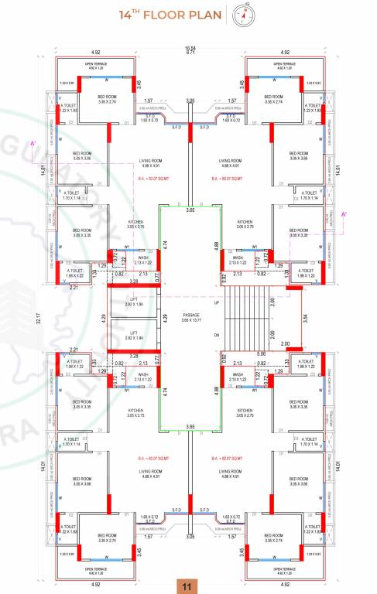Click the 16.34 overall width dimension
coord(190,48)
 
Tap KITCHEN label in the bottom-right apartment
coord(245,412)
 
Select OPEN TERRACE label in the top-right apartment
coord(288,66)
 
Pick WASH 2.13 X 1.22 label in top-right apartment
coord(244,260)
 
